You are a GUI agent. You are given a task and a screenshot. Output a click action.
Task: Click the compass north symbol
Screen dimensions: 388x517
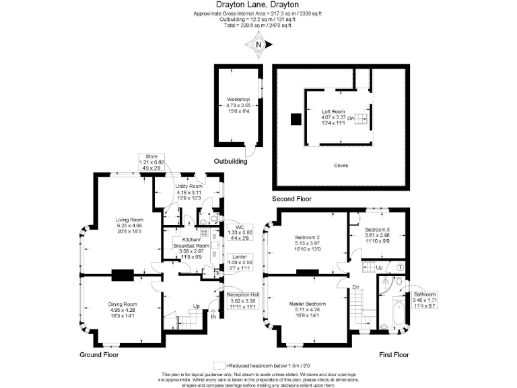pyautogui.click(x=258, y=46)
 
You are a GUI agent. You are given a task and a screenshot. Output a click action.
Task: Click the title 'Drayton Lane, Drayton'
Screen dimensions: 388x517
pyautogui.click(x=258, y=5)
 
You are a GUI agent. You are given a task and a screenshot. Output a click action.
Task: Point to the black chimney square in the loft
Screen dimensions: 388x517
pyautogui.click(x=295, y=120)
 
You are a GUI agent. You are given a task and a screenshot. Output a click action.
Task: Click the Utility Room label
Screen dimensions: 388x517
pyautogui.click(x=189, y=192)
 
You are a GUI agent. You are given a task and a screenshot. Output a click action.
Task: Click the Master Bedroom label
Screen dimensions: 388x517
pyautogui.click(x=307, y=309)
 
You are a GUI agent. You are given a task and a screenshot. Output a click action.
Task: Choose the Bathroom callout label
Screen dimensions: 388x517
pyautogui.click(x=425, y=300)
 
